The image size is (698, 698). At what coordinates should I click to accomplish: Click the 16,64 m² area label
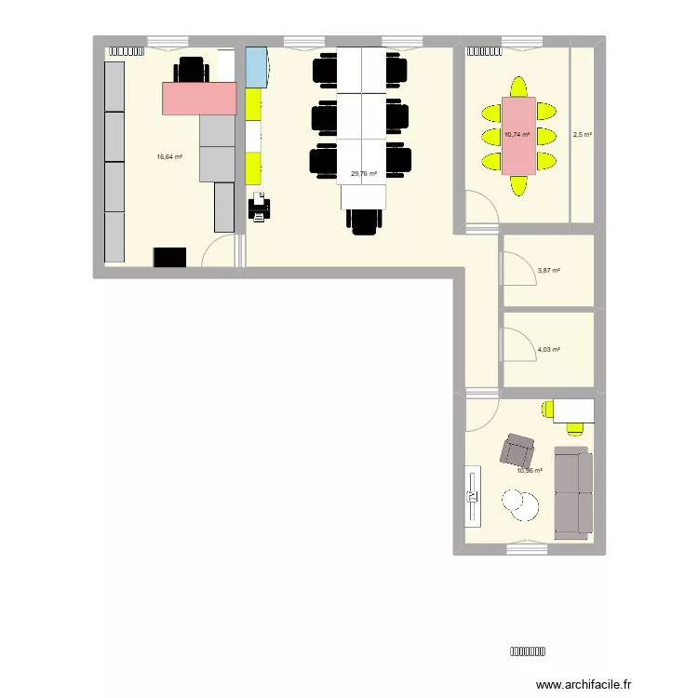169,157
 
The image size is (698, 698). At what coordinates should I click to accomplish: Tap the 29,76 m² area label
363,173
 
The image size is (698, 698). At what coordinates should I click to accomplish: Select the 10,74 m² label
517,135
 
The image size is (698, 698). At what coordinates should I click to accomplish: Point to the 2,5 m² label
583,135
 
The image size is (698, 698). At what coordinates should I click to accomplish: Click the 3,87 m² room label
549,271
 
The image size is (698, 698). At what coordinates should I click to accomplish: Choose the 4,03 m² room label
549,350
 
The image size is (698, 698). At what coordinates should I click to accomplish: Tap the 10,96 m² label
530,470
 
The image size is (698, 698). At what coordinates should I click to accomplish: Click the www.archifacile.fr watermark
584,682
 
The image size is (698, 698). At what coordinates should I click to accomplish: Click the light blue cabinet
256,68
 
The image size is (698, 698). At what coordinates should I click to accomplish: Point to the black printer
260,207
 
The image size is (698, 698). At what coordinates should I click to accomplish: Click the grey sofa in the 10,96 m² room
572,491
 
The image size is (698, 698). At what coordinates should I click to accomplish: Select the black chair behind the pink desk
191,69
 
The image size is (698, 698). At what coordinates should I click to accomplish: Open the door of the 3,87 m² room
513,270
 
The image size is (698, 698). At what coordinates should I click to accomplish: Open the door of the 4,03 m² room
513,345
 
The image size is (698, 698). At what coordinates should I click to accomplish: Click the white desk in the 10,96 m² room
573,409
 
